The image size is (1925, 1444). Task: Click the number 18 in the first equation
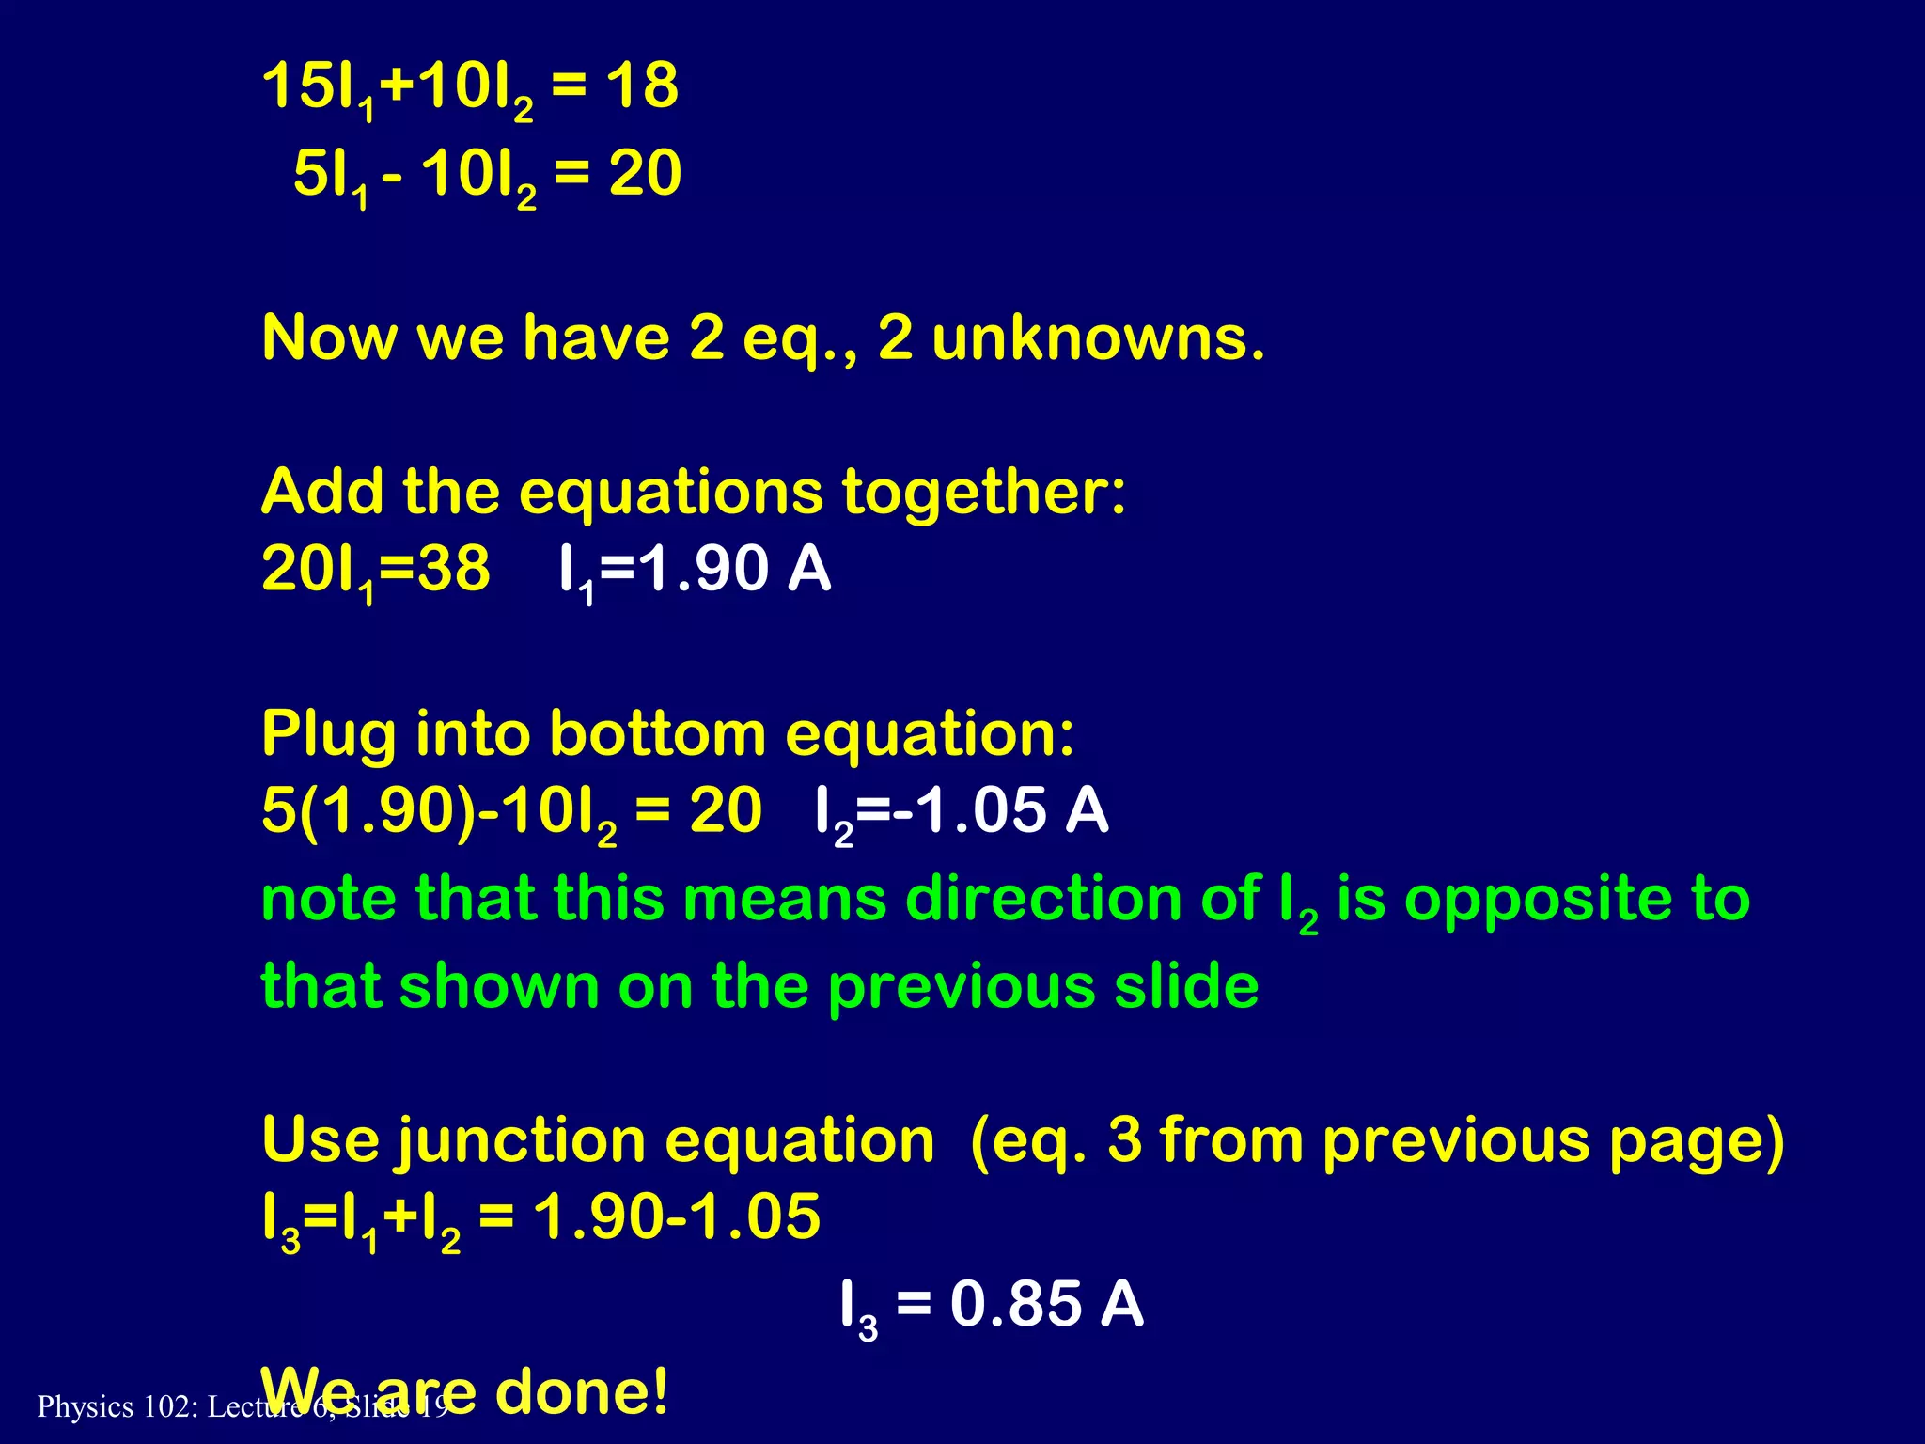[641, 86]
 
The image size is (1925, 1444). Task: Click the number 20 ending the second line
[645, 174]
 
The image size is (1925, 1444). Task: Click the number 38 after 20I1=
[453, 569]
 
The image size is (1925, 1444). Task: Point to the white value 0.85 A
[1046, 1305]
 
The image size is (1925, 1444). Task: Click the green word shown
[498, 986]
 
